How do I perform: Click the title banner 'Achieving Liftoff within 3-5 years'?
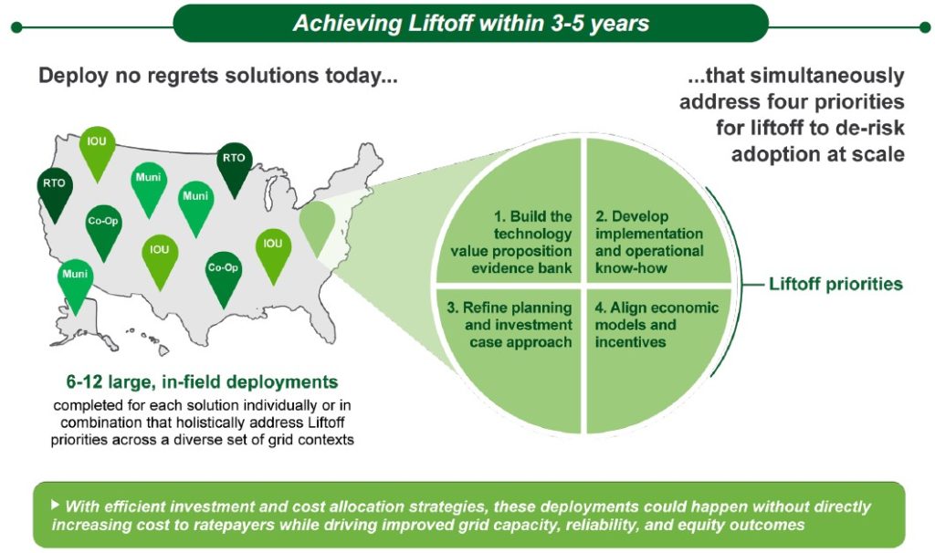[470, 23]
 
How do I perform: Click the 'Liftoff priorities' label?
[835, 284]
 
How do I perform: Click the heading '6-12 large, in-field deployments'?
[202, 382]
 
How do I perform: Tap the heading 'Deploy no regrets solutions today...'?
[217, 76]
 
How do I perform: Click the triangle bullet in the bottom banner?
[56, 505]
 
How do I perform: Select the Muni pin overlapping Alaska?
[75, 286]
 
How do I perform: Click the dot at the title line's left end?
[16, 27]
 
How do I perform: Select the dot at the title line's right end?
[925, 27]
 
